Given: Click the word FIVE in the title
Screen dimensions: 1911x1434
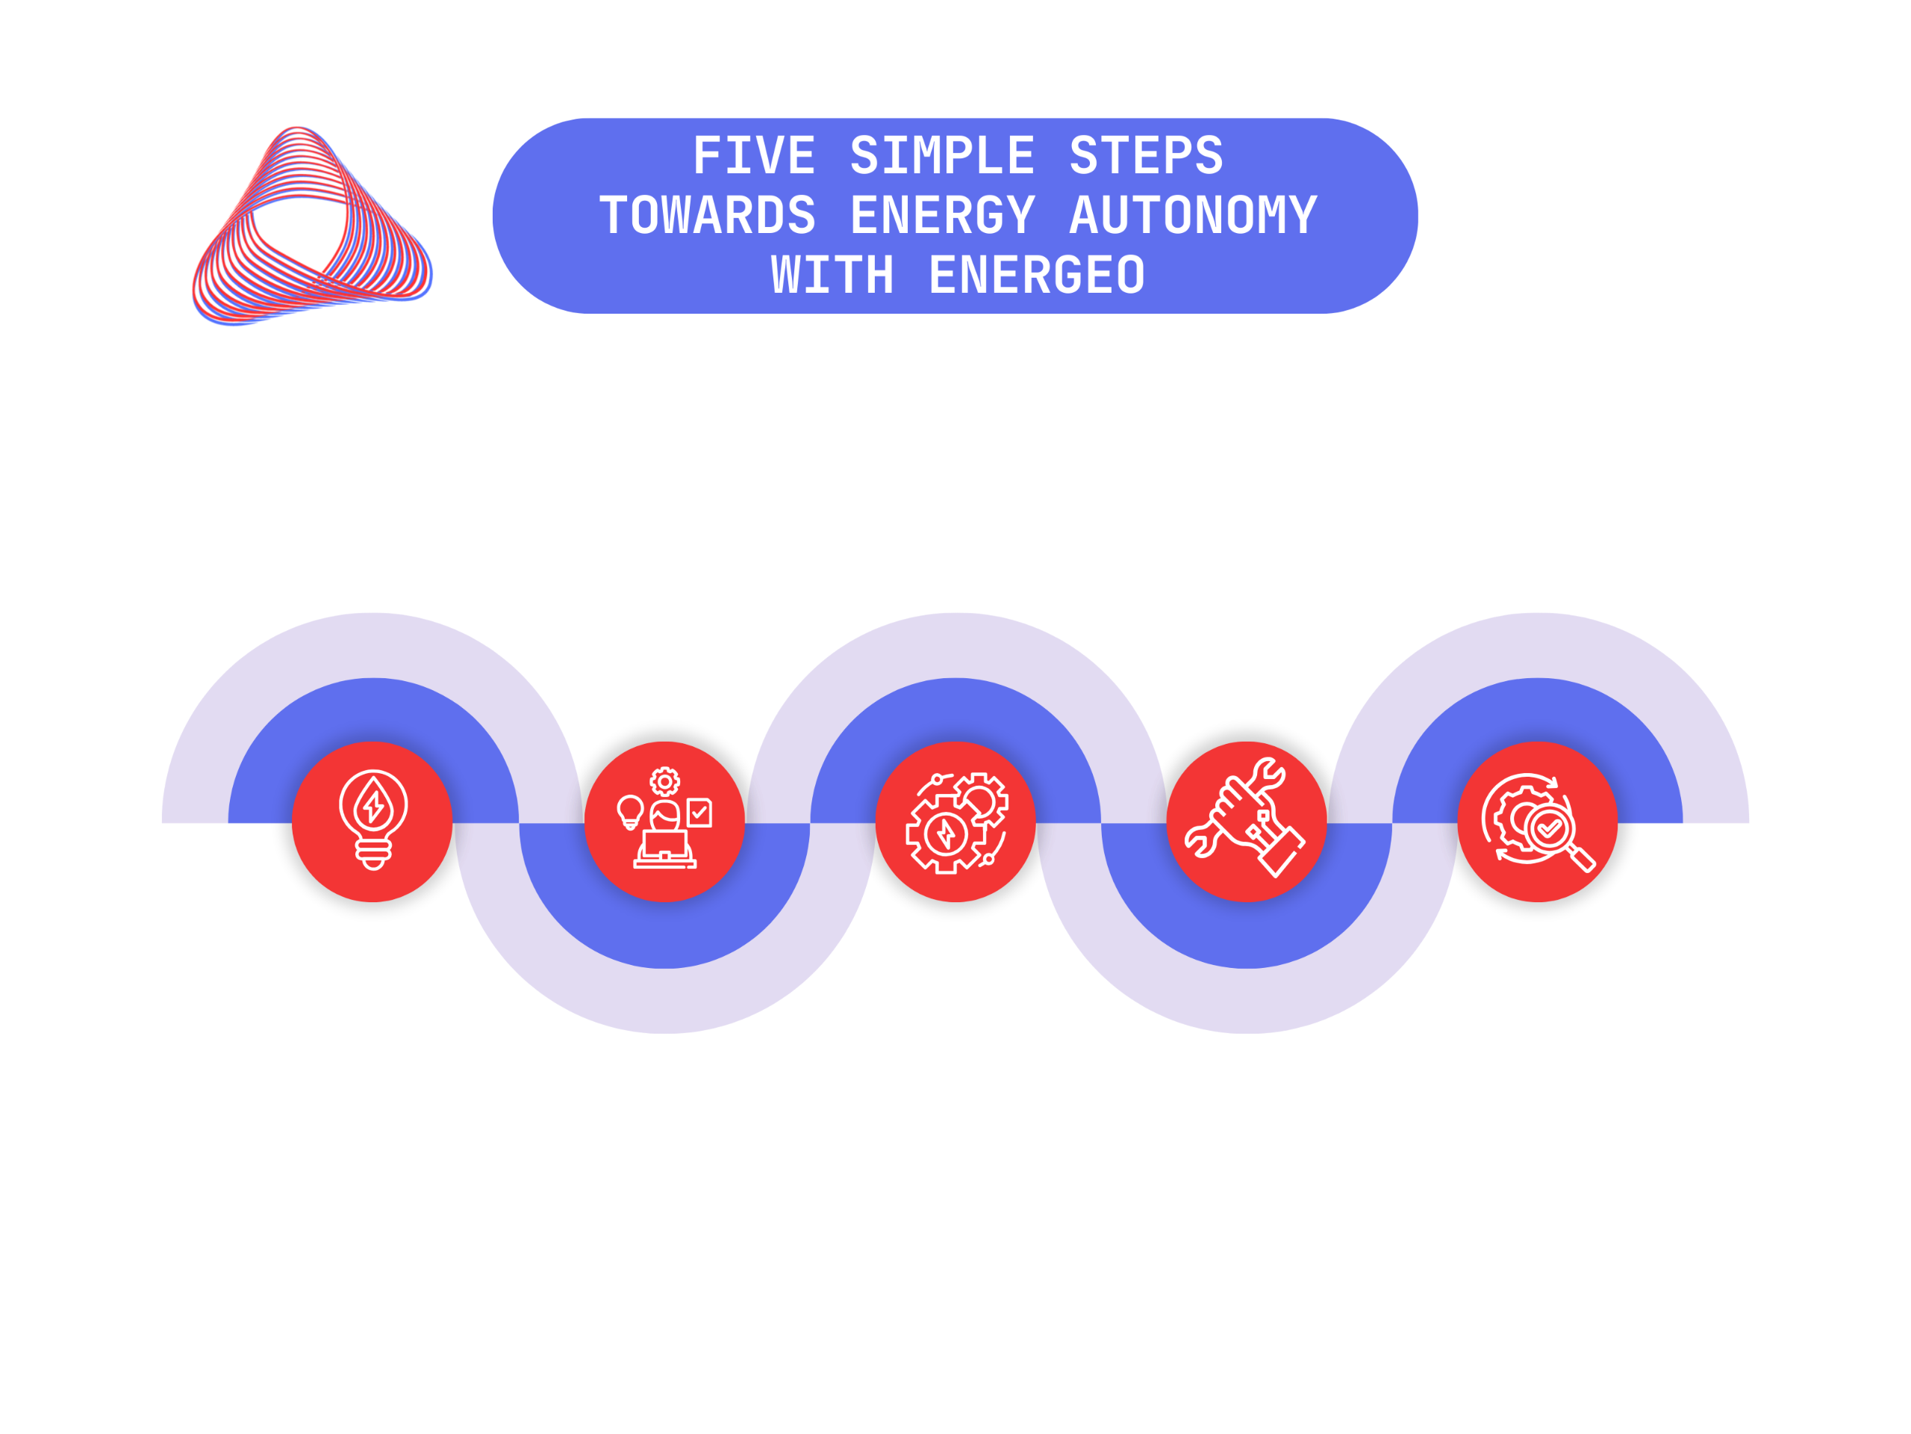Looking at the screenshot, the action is point(754,155).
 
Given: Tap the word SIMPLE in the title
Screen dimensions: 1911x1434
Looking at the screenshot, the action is point(943,155).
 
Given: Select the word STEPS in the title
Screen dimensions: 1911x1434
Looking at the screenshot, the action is point(1147,155).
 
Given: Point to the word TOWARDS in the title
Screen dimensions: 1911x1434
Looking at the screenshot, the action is point(708,215).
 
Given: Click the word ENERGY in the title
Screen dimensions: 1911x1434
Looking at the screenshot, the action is point(943,216).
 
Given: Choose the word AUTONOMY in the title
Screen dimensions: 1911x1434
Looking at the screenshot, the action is point(1194,215).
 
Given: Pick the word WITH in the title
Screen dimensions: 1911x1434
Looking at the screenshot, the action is point(832,275).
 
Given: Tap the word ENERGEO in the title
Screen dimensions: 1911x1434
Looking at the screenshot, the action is point(1037,275).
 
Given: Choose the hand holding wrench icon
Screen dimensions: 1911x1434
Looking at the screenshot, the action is point(1244,817).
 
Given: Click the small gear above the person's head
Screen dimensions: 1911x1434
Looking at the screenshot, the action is point(664,782).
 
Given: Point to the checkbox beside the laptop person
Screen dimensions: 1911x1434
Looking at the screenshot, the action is point(699,813).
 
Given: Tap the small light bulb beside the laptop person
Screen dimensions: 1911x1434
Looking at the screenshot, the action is point(630,813).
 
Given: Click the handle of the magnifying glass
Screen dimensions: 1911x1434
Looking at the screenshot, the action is point(1581,858).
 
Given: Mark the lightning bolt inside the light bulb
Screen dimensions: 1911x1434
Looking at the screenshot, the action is point(374,806).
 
